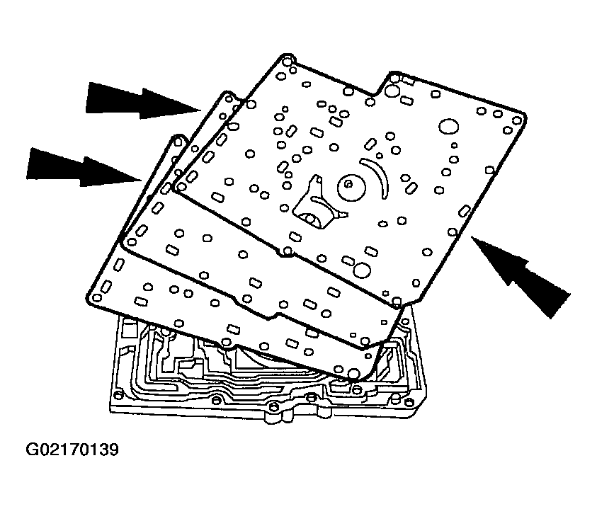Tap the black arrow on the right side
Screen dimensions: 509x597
click(521, 273)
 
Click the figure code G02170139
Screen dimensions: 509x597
click(72, 450)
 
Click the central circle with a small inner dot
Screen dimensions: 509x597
click(348, 185)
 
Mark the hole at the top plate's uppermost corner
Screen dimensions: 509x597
click(287, 59)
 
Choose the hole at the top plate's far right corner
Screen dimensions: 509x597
click(520, 118)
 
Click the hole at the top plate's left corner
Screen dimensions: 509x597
click(181, 186)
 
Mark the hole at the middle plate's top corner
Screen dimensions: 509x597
click(227, 96)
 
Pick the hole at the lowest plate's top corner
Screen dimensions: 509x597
click(176, 142)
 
